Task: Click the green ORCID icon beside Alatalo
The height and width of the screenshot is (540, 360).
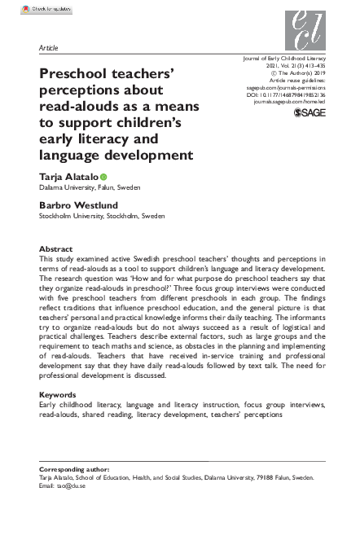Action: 104,177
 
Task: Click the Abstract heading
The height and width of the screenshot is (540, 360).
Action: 56,248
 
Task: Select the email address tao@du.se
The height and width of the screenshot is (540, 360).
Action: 68,486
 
